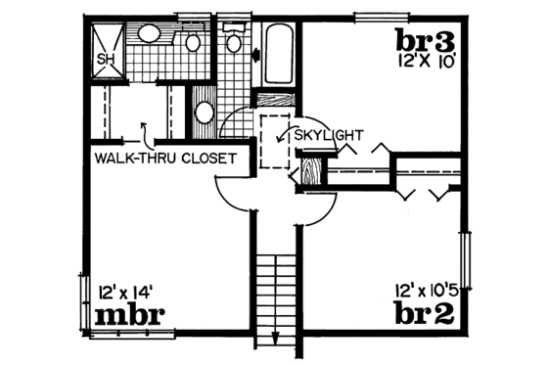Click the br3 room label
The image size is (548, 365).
coord(426,42)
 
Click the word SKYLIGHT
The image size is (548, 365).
coord(329,135)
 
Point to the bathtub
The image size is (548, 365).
coord(279,54)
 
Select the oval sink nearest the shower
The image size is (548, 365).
coord(150,35)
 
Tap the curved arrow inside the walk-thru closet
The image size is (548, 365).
coord(144,128)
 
